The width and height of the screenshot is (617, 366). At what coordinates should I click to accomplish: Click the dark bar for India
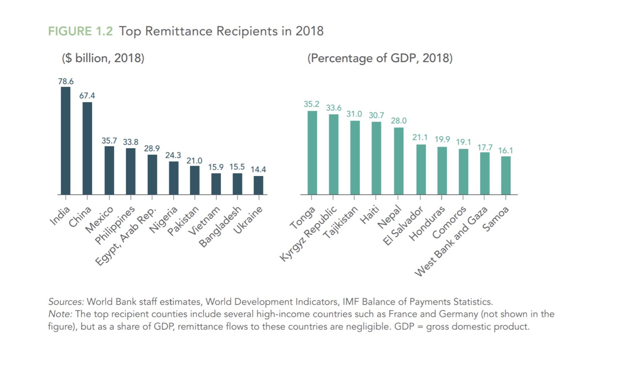click(66, 141)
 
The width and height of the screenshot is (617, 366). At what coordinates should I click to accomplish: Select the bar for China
click(87, 148)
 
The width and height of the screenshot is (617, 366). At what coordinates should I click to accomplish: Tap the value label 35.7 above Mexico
click(109, 141)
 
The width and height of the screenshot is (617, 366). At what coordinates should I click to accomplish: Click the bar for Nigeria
click(174, 178)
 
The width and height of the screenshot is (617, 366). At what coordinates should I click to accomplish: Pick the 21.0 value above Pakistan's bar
click(194, 160)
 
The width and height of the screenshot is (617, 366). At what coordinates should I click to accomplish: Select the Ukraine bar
click(258, 185)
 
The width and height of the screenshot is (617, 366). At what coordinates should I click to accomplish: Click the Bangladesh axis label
click(220, 227)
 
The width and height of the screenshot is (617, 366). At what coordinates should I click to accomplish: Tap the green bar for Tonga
click(312, 153)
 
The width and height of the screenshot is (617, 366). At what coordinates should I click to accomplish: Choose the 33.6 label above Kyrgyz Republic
click(334, 108)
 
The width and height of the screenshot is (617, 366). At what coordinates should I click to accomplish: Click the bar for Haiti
click(376, 158)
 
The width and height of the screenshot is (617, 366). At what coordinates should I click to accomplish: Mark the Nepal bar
click(399, 161)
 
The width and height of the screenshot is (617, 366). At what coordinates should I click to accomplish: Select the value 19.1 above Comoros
click(464, 142)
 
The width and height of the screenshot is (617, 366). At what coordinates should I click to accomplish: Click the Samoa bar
click(506, 175)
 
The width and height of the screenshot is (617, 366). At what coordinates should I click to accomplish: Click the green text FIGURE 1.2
click(80, 31)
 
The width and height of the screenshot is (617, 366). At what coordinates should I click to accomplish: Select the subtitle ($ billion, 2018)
click(103, 58)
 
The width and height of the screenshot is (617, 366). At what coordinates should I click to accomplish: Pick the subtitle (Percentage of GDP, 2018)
click(380, 58)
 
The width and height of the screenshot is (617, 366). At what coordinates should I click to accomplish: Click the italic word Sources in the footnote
click(66, 302)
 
